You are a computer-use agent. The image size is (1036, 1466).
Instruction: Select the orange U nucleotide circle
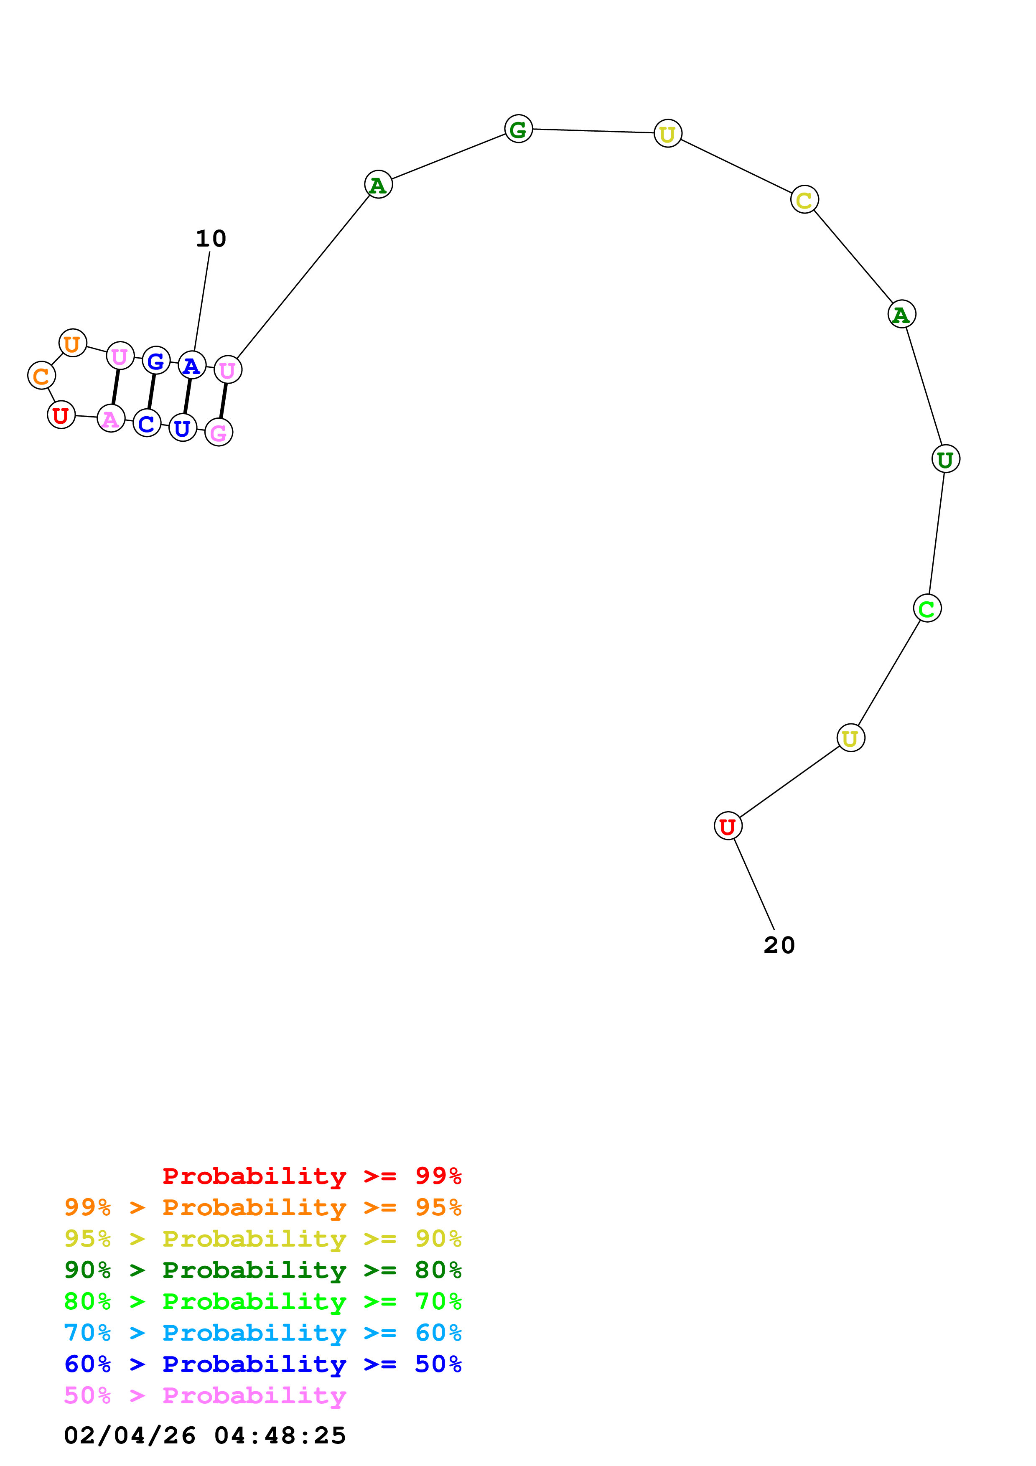pyautogui.click(x=73, y=344)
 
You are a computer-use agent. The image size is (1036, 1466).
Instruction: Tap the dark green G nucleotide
pyautogui.click(x=518, y=129)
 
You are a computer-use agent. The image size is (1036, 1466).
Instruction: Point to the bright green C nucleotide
pyautogui.click(x=927, y=608)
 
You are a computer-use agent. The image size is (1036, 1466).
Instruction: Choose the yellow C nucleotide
pyautogui.click(x=804, y=200)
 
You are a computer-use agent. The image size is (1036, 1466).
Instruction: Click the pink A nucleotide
pyautogui.click(x=111, y=419)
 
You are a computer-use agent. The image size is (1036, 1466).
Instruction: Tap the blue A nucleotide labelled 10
pyautogui.click(x=191, y=365)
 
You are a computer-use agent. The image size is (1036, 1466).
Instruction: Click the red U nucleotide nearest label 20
pyautogui.click(x=728, y=826)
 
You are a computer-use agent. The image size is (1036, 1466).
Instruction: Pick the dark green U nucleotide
pyautogui.click(x=945, y=459)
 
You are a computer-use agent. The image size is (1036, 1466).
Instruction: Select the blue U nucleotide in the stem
pyautogui.click(x=183, y=428)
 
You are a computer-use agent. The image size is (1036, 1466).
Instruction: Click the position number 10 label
pyautogui.click(x=211, y=239)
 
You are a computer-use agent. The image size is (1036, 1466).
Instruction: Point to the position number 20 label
pyautogui.click(x=779, y=945)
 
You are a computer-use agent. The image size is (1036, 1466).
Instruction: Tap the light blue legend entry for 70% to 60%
pyautogui.click(x=262, y=1333)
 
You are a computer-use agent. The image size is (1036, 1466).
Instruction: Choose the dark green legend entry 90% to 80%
pyautogui.click(x=262, y=1270)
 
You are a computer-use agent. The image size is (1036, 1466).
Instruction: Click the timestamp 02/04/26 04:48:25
pyautogui.click(x=205, y=1435)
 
